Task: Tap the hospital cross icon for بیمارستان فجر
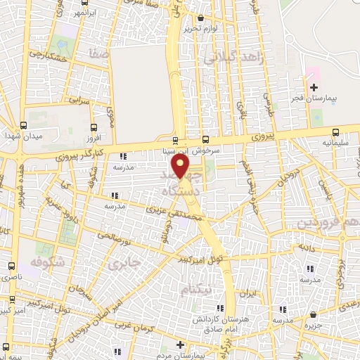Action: tap(314, 86)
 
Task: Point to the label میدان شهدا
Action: tap(20, 134)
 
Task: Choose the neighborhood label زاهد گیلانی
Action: tap(234, 60)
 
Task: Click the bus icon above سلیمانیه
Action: tap(335, 131)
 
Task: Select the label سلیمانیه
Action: tap(335, 142)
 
